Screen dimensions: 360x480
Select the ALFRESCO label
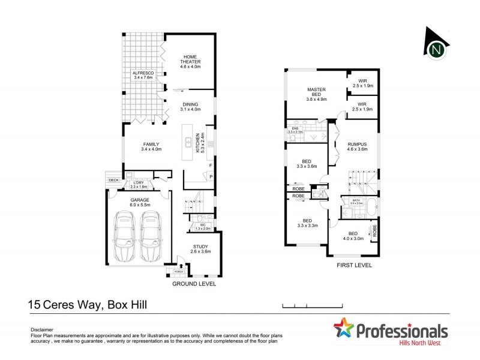coord(143,73)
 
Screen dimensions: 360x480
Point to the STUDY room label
coord(200,246)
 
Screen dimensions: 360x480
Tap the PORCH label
coord(178,271)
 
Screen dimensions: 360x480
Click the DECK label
coord(113,179)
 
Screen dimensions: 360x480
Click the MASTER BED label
coord(316,92)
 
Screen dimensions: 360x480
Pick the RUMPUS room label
coord(356,145)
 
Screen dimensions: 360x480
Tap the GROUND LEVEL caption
coord(194,284)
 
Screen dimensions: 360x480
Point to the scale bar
coord(306,306)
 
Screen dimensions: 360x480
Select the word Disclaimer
coord(41,330)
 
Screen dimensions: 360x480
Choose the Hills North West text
coord(424,344)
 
